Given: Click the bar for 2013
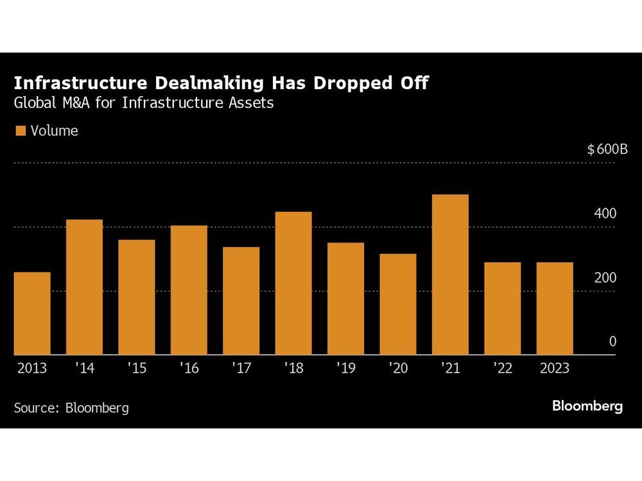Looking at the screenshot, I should [x=32, y=314].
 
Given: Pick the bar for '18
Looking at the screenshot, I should [x=293, y=283].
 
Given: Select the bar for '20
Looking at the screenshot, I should [x=397, y=305].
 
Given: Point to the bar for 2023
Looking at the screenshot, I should [x=555, y=308].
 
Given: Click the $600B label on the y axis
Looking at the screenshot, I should [x=607, y=149].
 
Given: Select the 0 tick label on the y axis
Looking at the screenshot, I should [x=612, y=342].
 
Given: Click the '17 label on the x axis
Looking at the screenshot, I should [x=241, y=369].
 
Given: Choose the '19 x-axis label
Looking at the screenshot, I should [x=345, y=369].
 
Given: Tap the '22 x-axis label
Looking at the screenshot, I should [x=502, y=369].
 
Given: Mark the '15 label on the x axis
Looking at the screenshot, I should [x=136, y=369].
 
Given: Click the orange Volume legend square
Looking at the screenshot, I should [x=20, y=131].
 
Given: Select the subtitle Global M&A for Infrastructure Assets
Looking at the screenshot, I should [x=144, y=103].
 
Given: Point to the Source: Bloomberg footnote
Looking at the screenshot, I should [x=71, y=407].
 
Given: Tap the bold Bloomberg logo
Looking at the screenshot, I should [x=587, y=406].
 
